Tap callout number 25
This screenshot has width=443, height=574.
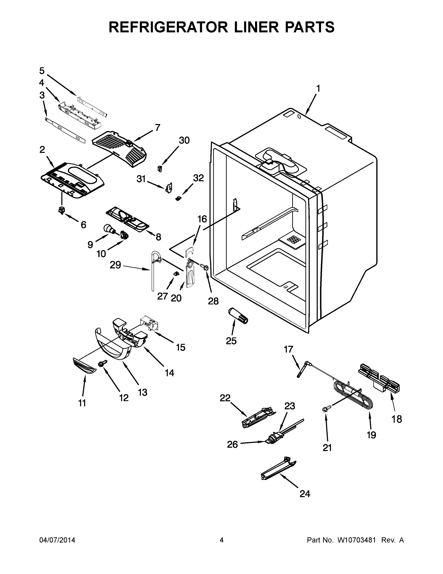[231, 341]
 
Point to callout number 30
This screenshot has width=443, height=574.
[184, 141]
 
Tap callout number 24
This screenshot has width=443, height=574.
[305, 494]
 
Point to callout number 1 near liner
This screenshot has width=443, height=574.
[318, 89]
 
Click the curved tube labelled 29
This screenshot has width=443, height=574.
[153, 271]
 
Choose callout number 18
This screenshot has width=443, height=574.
[396, 419]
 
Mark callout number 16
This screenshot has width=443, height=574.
[202, 219]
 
